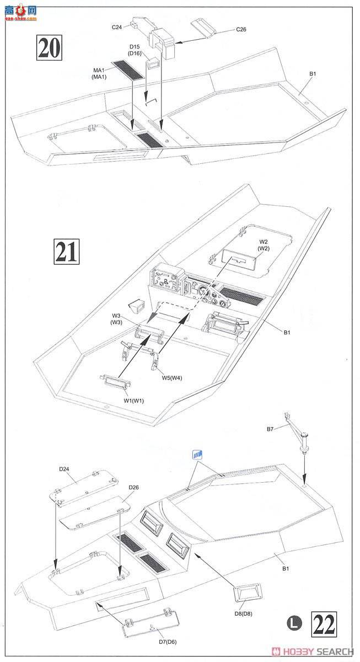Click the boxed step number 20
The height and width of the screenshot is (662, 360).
tap(50, 47)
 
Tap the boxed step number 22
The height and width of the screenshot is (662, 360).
tap(324, 624)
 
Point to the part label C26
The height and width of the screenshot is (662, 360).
tap(241, 29)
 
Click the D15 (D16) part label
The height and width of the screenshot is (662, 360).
tap(136, 50)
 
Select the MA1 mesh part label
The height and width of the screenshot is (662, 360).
tap(99, 73)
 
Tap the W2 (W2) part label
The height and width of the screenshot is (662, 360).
tap(264, 245)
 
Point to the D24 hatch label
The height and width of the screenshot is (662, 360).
tap(65, 469)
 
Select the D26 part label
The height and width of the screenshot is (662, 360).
tap(134, 487)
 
